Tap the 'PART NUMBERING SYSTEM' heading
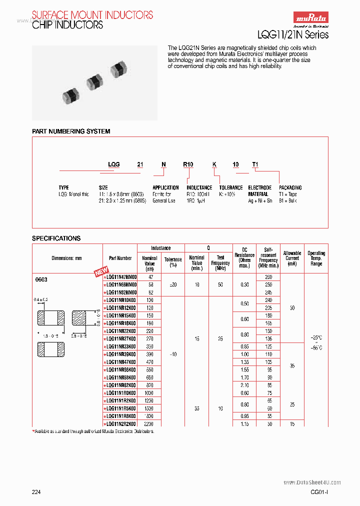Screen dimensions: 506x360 click(x=71, y=131)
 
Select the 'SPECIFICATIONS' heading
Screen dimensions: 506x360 click(x=56, y=238)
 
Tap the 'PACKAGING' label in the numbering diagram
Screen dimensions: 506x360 click(x=290, y=188)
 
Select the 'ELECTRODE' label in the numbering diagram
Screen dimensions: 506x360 click(x=260, y=188)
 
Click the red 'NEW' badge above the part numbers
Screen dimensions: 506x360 click(x=101, y=272)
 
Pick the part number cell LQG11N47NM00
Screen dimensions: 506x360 click(x=121, y=276)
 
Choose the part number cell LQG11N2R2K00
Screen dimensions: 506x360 click(x=121, y=423)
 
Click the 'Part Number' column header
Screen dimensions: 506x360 click(x=120, y=258)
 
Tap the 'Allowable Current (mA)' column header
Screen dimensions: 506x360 click(x=292, y=258)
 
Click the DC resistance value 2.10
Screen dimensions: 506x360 click(x=244, y=385)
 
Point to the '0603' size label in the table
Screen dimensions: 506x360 click(x=41, y=279)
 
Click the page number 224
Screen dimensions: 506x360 click(x=36, y=492)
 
